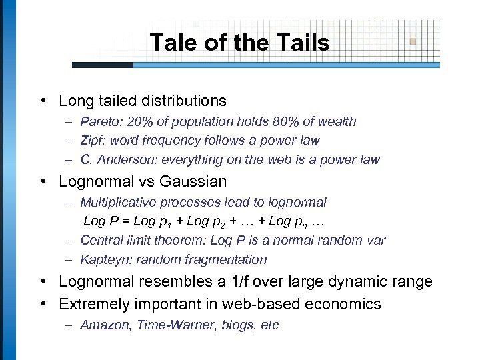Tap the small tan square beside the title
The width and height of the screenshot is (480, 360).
point(413,41)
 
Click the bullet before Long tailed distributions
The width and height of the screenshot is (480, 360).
point(43,101)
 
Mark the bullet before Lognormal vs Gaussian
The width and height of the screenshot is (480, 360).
point(43,181)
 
